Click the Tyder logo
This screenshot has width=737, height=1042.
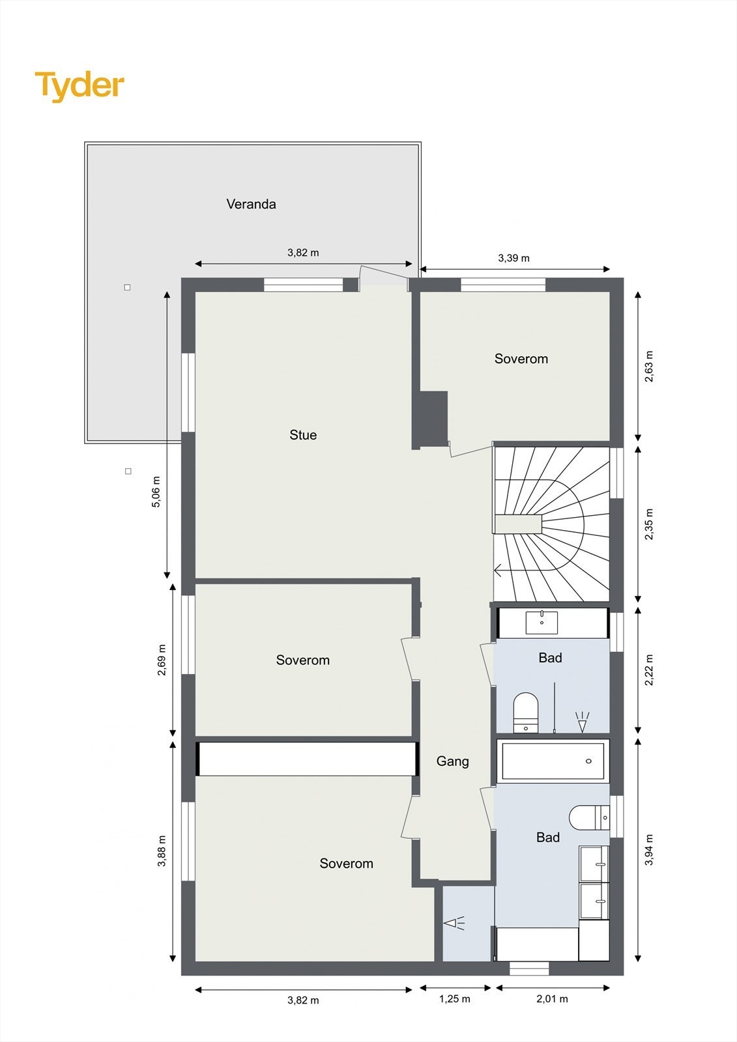[79, 86]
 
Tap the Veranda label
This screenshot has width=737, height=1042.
[251, 204]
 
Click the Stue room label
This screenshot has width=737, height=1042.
[303, 434]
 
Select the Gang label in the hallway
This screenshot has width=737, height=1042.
[452, 761]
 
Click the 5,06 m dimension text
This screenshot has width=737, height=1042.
[156, 492]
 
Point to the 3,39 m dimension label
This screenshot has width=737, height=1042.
[513, 258]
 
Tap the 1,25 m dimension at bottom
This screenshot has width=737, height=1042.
[454, 999]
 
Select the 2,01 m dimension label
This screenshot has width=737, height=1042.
[552, 999]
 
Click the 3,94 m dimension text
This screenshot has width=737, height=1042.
[649, 850]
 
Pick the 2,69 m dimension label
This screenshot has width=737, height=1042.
[162, 660]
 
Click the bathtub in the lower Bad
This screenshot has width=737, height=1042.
[553, 761]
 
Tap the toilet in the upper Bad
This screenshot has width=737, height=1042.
[526, 712]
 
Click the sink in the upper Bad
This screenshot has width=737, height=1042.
[542, 623]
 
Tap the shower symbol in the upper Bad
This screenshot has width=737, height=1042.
[582, 721]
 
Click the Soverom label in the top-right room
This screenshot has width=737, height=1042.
[521, 358]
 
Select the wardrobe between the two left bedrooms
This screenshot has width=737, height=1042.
[306, 759]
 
